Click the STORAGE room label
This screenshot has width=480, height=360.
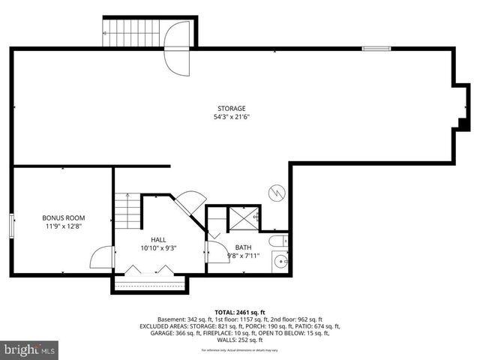click(231, 109)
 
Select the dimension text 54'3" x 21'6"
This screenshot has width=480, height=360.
click(231, 117)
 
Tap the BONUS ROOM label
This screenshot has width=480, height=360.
click(63, 217)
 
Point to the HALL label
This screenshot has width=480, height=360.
click(157, 239)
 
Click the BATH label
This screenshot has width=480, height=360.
click(243, 247)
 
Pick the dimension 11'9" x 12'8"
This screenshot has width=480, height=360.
click(63, 226)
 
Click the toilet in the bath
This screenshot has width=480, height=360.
click(279, 241)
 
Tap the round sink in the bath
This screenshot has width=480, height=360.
click(280, 262)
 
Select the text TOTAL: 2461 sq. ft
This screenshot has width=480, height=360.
click(240, 311)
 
